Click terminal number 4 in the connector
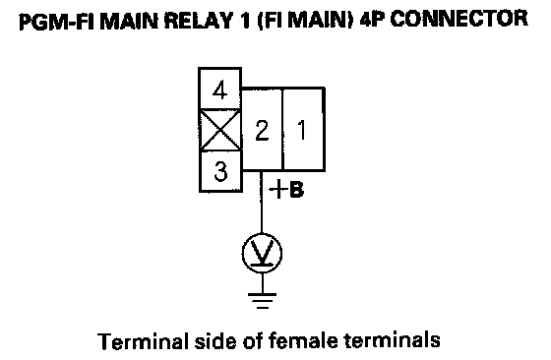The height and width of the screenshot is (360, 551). pos(220,89)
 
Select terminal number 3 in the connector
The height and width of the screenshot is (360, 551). pos(220,171)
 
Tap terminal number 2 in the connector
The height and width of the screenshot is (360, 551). pos(262,129)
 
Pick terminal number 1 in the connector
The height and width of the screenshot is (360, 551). pos(303,129)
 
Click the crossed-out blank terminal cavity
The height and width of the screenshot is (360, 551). pos(220,130)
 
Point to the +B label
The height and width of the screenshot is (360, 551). pos(286,189)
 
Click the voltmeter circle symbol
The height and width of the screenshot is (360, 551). pos(262,253)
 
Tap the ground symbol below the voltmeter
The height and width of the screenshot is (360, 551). pos(262,301)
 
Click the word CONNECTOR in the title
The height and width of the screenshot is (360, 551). pos(459,20)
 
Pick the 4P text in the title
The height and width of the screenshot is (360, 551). pos(372,20)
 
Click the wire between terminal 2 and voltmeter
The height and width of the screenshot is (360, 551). pos(262,202)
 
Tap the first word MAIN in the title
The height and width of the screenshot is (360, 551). pos(130,21)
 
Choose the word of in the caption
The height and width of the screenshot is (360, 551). pos(251,340)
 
